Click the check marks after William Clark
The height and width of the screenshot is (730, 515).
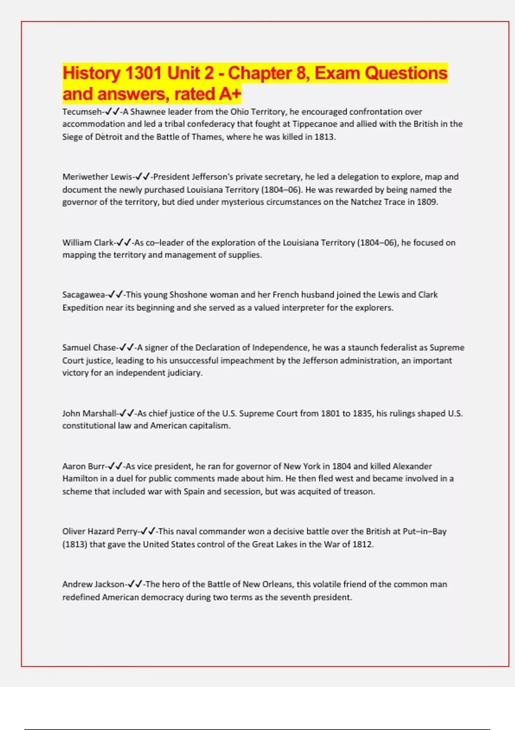[124, 243]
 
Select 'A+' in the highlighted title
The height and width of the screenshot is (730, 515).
[230, 94]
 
